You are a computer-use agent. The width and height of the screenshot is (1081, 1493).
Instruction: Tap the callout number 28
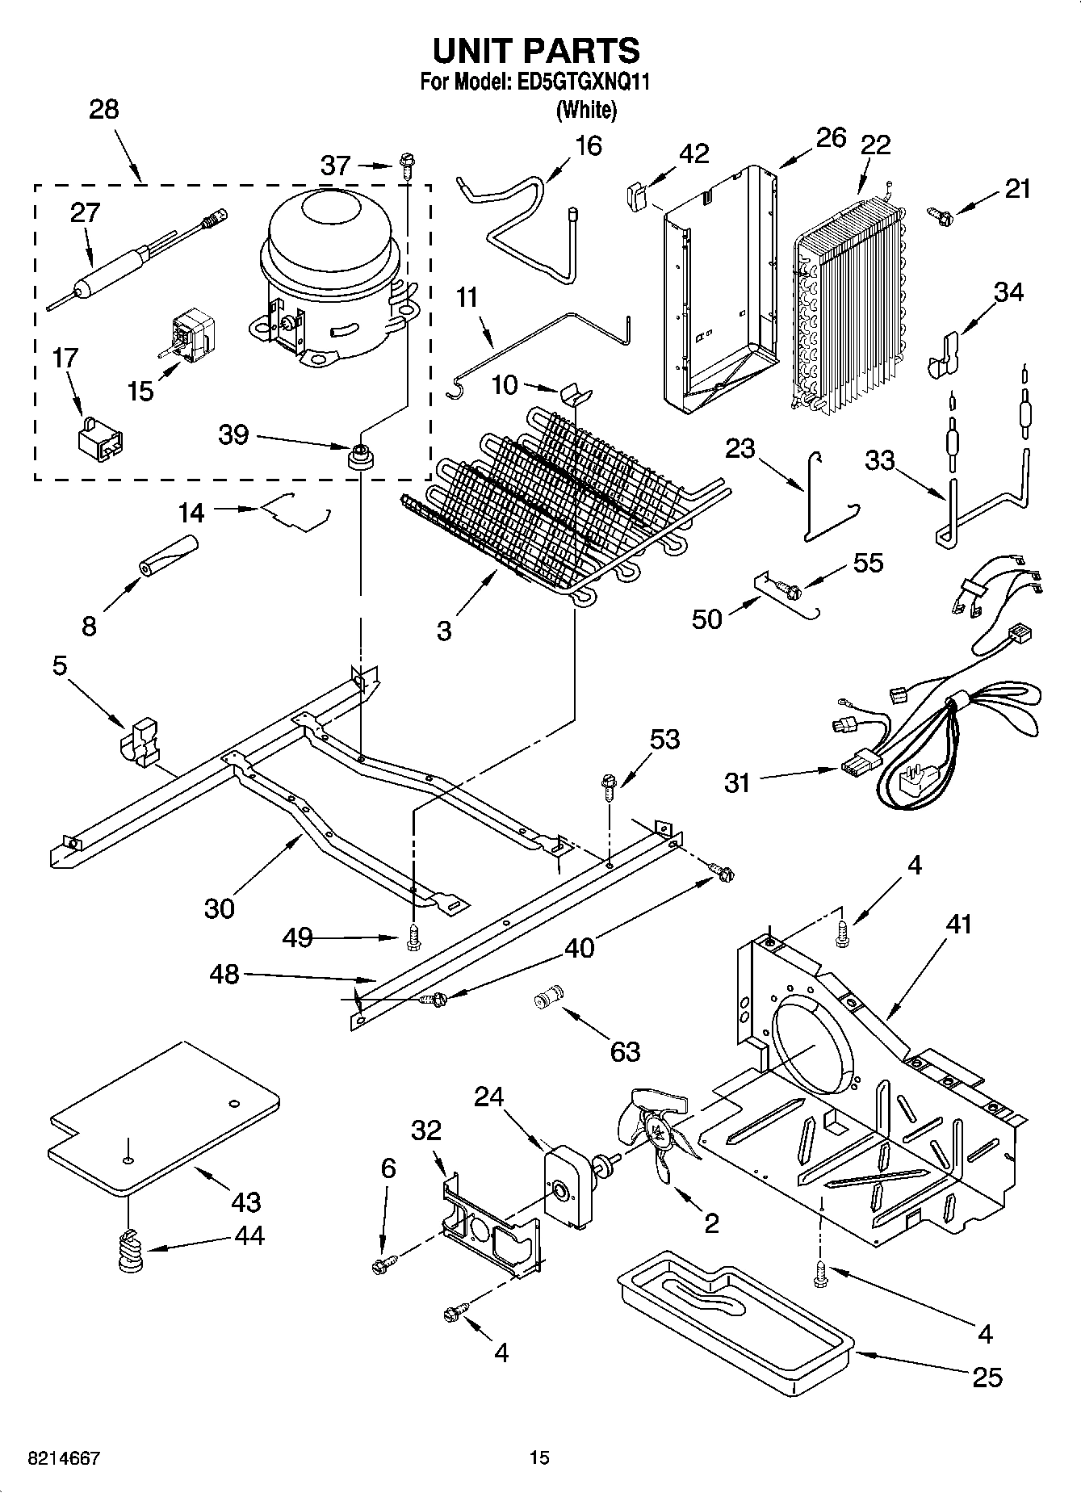(x=104, y=110)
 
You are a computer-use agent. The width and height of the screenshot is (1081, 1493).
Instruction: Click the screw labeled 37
(x=405, y=166)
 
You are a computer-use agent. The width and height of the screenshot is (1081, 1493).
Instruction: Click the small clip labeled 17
(x=99, y=435)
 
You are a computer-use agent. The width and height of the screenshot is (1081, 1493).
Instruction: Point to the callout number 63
(x=625, y=1051)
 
